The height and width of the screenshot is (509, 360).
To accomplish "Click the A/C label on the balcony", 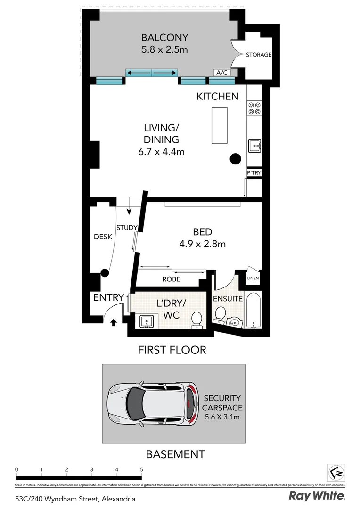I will point(221,73).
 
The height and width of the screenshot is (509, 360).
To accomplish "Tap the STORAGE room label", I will point(259,55).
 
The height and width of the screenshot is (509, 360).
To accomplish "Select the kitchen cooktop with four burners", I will point(254,108).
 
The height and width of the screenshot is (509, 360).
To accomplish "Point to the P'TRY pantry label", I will point(254,173).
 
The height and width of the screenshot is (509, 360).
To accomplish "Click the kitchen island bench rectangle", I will point(219,125).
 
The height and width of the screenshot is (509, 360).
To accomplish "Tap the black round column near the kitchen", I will point(235,159).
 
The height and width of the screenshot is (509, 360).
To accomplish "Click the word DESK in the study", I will point(103,237).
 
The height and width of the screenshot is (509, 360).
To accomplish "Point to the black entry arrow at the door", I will point(113,323).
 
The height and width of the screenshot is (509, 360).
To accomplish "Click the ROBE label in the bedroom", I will point(171,279).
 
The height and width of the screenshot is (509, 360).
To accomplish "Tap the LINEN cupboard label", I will point(253,279).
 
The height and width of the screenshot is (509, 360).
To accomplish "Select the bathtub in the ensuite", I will point(254,312).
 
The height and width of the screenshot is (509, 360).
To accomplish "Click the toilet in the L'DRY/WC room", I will point(197,319).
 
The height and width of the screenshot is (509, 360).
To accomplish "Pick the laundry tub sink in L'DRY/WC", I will point(147,321).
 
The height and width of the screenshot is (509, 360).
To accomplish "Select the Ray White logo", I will point(317,496).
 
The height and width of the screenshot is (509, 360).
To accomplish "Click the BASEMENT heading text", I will point(175,454).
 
